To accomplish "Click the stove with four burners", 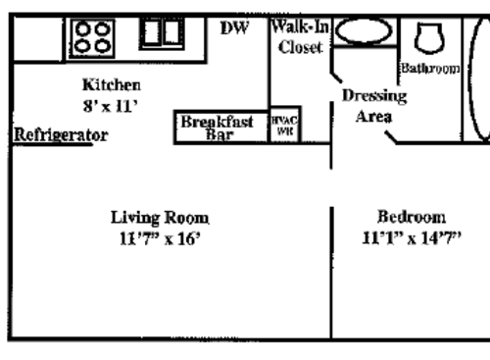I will (94, 37).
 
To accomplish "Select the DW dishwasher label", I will (234, 28).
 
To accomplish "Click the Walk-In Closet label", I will (300, 38).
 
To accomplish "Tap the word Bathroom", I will (429, 68).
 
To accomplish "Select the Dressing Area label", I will (373, 106).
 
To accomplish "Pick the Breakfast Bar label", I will (218, 129).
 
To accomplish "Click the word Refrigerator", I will (60, 135).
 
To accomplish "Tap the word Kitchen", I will (111, 85).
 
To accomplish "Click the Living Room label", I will (159, 217).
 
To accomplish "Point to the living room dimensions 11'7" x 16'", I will (159, 237).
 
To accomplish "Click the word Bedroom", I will (412, 217).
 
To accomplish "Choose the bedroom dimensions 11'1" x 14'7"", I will (411, 237).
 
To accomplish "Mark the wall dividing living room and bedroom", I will (331, 265).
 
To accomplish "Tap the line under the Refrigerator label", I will (59, 144).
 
